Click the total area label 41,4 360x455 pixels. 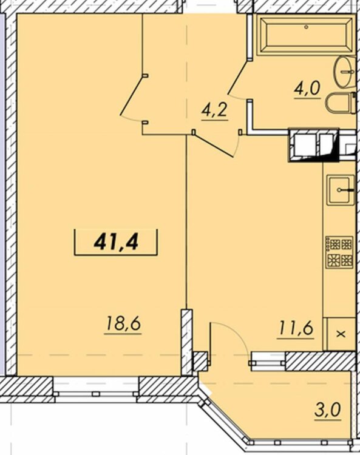(116, 243)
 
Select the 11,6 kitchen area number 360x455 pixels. (296, 329)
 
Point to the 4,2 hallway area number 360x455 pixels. (214, 110)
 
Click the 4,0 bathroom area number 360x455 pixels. (307, 89)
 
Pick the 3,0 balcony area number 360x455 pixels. (327, 410)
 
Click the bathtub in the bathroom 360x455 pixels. (306, 36)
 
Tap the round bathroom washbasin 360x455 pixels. (345, 72)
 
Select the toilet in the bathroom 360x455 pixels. (341, 103)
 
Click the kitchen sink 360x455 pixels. (341, 190)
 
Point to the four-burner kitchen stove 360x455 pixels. (339, 252)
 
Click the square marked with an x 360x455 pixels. (341, 334)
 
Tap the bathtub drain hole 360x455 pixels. (307, 27)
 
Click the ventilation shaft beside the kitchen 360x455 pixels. (313, 145)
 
